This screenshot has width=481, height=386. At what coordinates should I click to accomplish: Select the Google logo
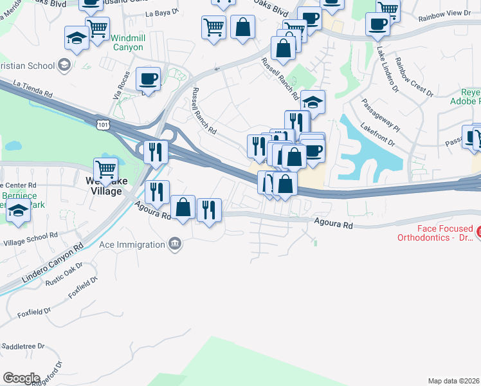click(x=21, y=378)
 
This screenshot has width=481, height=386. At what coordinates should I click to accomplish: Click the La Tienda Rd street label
click(x=32, y=88)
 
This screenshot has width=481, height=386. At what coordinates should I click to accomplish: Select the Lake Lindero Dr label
click(x=386, y=69)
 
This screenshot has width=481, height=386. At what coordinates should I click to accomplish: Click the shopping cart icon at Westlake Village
click(x=106, y=170)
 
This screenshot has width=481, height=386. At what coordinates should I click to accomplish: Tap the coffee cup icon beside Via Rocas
click(x=149, y=79)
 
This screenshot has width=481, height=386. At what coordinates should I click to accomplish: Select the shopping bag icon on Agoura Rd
click(x=183, y=208)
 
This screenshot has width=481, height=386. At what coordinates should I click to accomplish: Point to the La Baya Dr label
click(x=161, y=12)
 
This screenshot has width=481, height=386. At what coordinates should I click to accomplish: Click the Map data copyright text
click(x=454, y=381)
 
